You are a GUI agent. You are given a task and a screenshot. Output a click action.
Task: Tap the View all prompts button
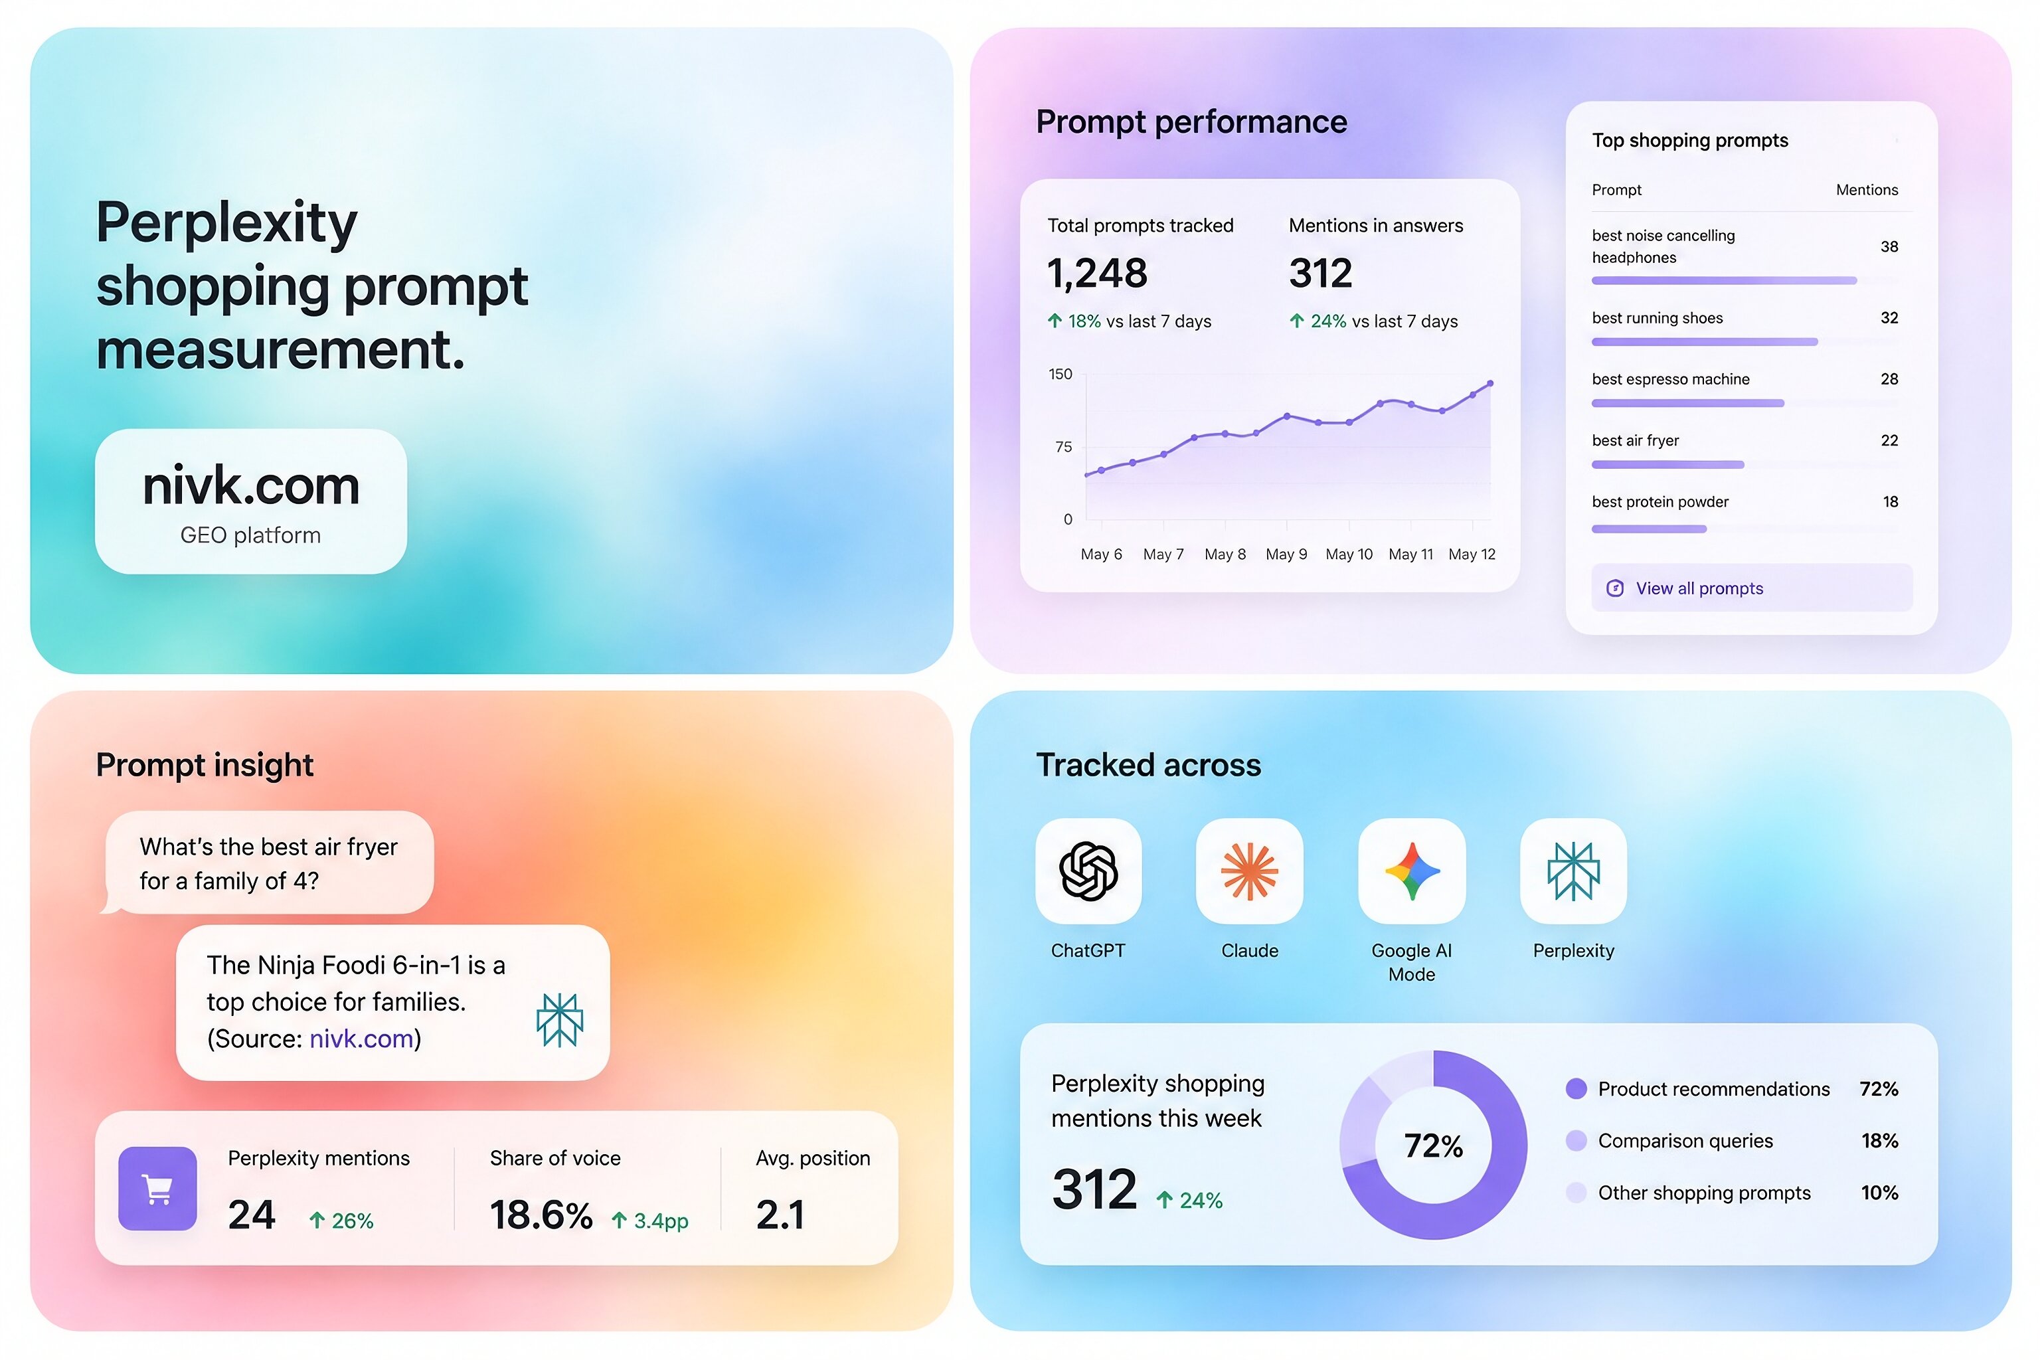click(1751, 588)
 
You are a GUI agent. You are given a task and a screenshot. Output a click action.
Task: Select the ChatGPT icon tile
click(1088, 871)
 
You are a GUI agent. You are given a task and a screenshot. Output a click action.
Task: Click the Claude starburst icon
click(1249, 871)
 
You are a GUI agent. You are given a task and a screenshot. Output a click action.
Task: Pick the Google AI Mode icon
click(1411, 871)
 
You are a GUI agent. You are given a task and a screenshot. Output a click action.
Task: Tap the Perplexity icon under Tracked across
click(1573, 871)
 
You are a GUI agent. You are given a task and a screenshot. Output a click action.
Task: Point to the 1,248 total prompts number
click(1097, 273)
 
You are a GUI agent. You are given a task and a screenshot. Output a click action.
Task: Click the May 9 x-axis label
click(1286, 554)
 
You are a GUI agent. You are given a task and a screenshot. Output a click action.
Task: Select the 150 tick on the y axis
click(1060, 374)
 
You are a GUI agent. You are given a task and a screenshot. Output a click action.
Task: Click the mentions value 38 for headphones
click(1889, 246)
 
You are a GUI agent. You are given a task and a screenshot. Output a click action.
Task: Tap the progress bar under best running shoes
click(1705, 342)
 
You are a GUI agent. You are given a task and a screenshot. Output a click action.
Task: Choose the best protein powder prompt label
click(1660, 501)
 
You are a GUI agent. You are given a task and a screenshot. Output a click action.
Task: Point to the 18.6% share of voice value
click(541, 1215)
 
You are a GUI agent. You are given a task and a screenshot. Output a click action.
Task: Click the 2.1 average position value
click(780, 1215)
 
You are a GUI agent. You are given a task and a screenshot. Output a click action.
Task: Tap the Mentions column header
click(1867, 190)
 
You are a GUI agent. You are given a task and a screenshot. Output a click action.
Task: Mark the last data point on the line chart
click(1490, 383)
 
